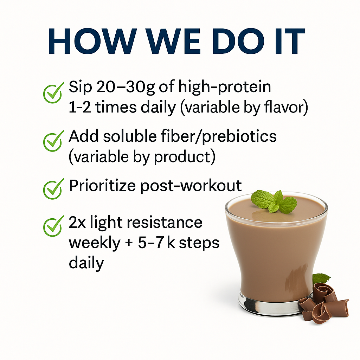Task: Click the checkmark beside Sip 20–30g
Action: [x=53, y=92]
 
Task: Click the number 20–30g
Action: [x=126, y=88]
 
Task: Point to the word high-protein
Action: [x=225, y=88]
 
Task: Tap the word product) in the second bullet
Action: [x=185, y=157]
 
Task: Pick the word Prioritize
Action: [x=102, y=186]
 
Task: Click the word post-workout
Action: [x=191, y=186]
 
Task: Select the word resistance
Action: [x=165, y=223]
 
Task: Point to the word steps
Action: [x=199, y=243]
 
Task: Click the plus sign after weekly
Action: [x=129, y=243]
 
